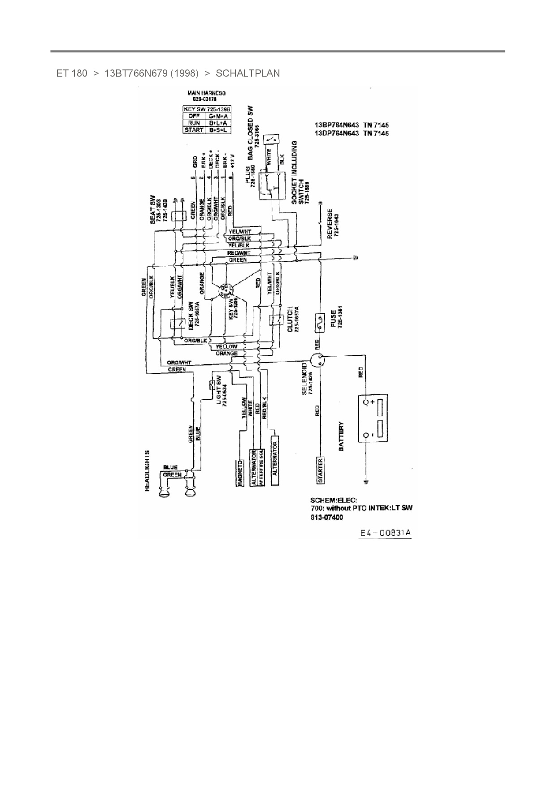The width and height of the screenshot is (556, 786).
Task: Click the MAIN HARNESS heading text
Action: click(x=206, y=93)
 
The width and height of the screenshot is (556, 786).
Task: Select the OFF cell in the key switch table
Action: click(x=194, y=116)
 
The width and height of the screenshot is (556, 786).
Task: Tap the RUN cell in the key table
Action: click(x=194, y=123)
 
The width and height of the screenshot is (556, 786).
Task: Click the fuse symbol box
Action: click(x=321, y=323)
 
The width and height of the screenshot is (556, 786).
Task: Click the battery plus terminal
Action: click(x=366, y=402)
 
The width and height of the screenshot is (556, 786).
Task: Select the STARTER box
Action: click(x=321, y=471)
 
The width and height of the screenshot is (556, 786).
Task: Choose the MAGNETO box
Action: click(x=240, y=473)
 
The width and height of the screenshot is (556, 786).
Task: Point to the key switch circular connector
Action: click(x=226, y=291)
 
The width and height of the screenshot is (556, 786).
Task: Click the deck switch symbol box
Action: click(x=177, y=324)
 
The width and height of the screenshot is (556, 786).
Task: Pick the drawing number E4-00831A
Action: click(x=385, y=533)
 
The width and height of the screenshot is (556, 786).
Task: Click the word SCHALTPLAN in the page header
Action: click(x=248, y=73)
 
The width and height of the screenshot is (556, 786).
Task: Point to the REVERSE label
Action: click(x=330, y=223)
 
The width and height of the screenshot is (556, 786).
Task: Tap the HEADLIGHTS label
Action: click(x=147, y=471)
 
